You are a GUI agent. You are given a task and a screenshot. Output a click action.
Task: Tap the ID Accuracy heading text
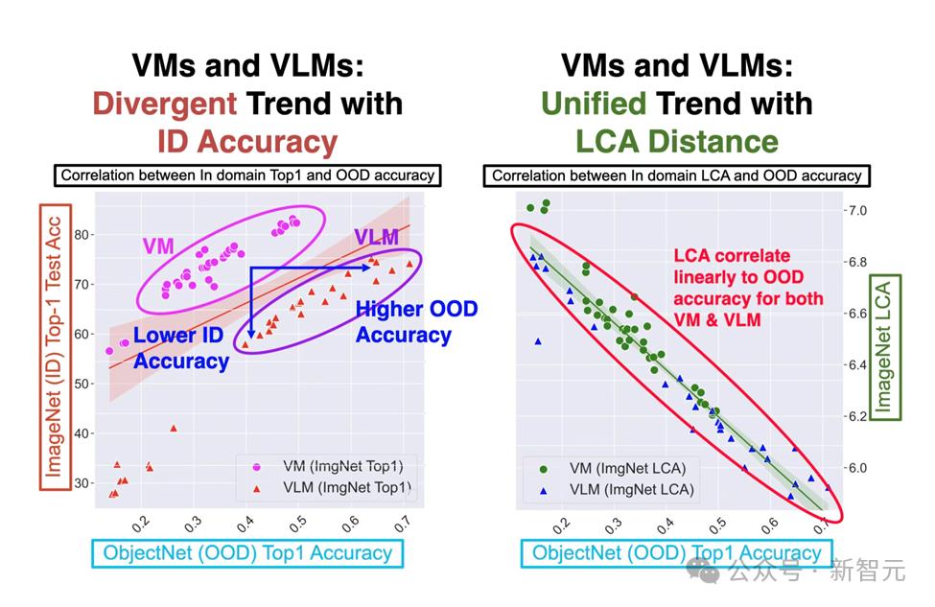247,142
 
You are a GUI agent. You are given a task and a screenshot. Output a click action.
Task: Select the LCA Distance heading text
676,142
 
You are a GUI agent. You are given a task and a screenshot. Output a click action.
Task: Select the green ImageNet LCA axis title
882,344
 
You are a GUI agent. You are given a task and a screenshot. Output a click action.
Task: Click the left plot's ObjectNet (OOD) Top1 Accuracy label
247,552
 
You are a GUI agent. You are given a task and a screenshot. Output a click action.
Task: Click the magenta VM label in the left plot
159,245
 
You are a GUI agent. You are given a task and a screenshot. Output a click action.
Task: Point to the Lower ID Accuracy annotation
181,348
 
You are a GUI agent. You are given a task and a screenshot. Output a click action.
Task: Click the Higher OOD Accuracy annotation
416,322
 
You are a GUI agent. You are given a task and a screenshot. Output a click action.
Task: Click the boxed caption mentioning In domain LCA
677,175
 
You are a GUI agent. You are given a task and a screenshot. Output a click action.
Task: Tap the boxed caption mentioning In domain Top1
247,175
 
